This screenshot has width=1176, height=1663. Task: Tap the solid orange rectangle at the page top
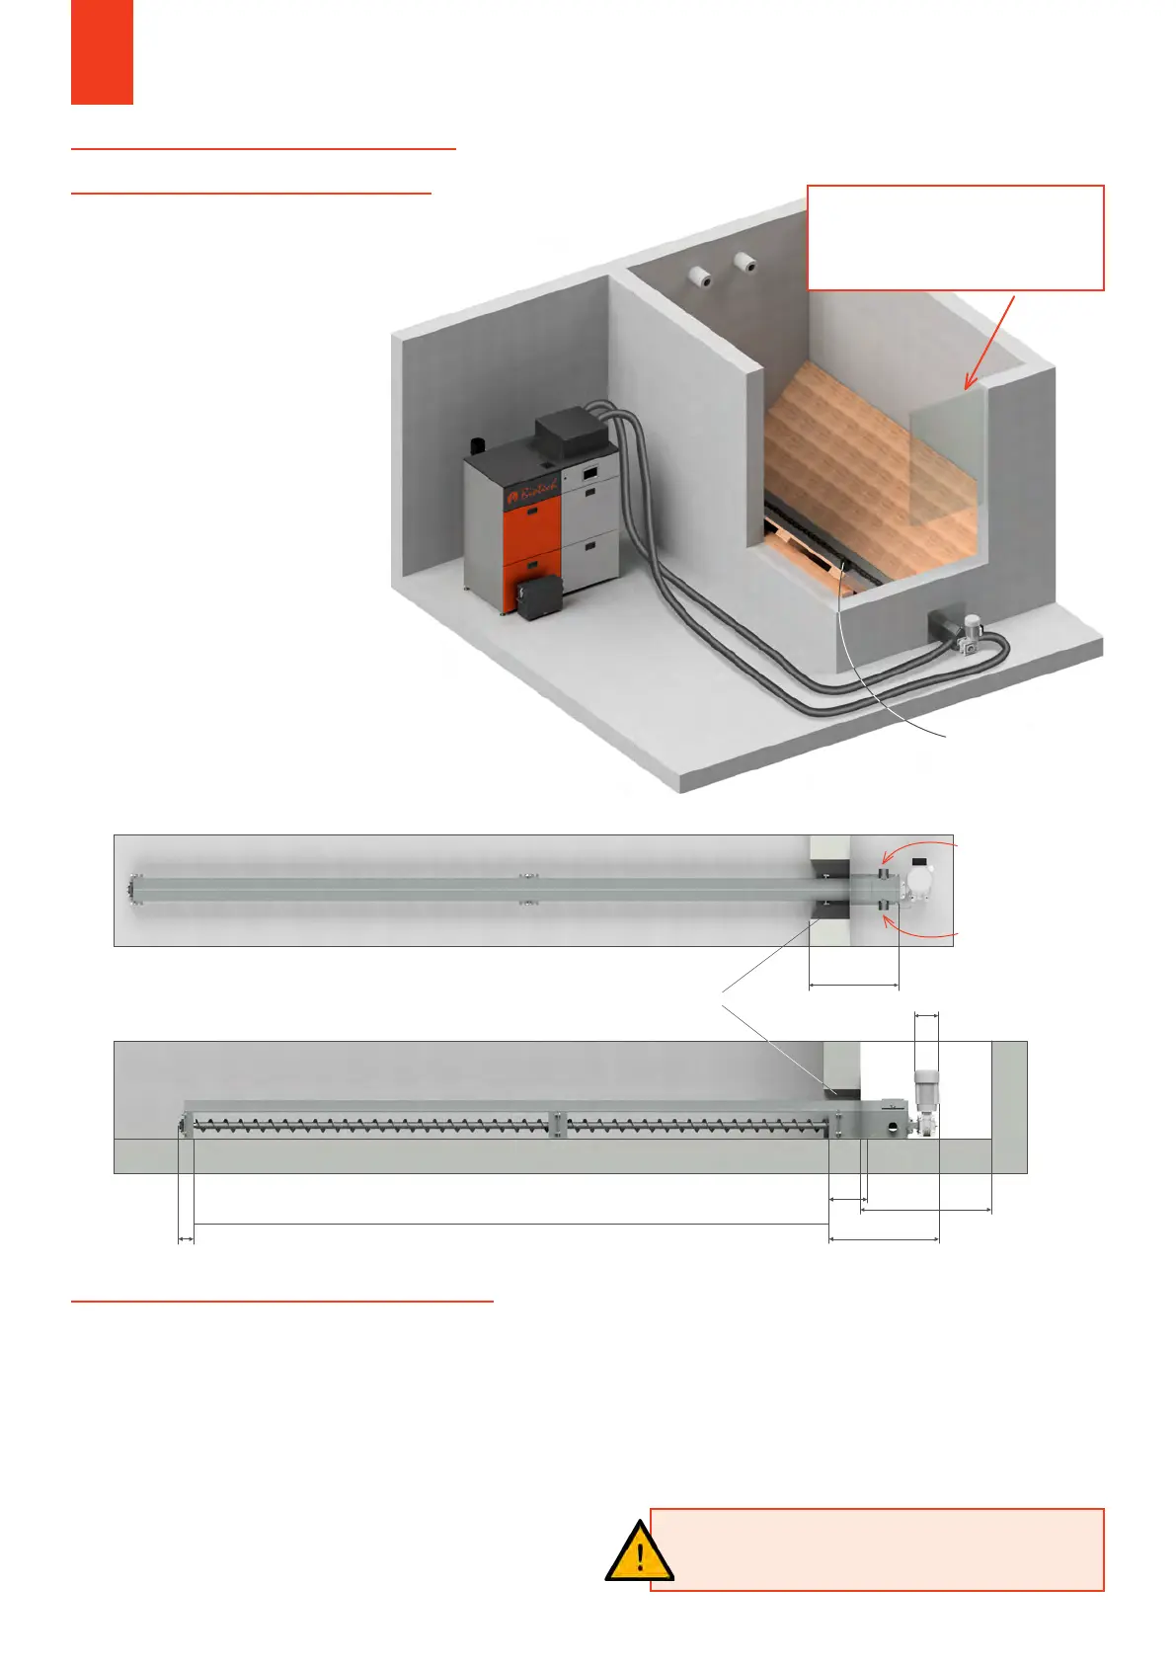point(102,51)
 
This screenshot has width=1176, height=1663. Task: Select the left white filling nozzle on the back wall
point(701,277)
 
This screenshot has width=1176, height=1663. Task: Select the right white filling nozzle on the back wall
point(745,263)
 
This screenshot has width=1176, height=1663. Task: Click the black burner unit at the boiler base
point(538,596)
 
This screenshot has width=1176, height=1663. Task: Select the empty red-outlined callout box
point(955,237)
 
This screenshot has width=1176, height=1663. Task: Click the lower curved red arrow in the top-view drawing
point(918,928)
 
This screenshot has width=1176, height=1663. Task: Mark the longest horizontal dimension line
point(510,1225)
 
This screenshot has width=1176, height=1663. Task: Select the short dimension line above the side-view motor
point(926,1014)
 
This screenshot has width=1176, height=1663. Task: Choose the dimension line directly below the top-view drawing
point(853,985)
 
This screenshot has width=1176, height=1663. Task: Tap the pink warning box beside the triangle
point(877,1549)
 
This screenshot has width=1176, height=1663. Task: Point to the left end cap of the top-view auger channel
point(132,890)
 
